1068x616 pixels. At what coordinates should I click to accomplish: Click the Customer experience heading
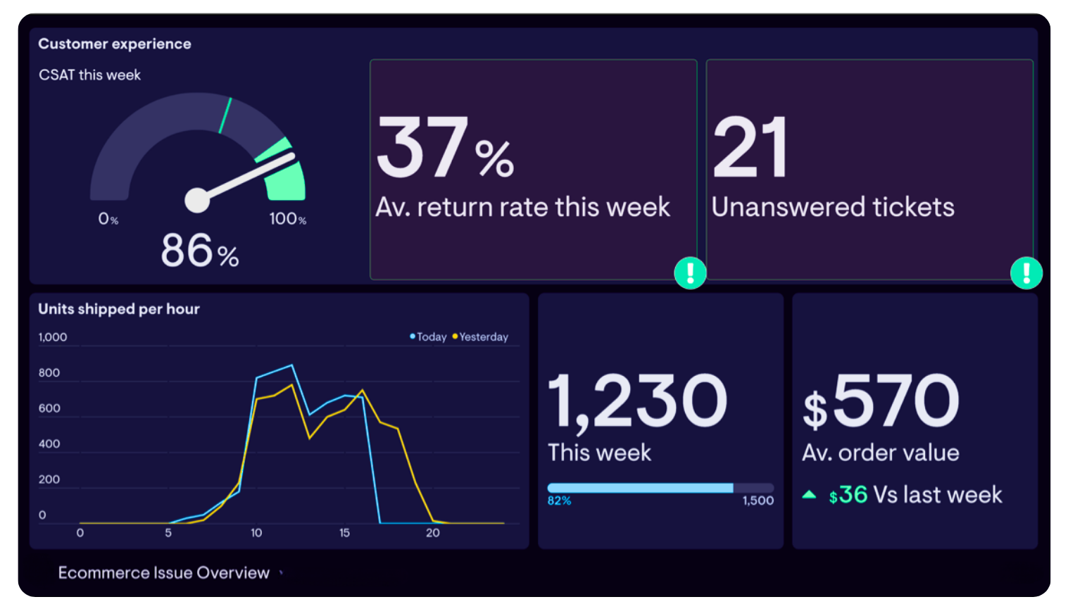click(x=114, y=44)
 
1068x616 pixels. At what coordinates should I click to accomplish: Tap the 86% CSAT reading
click(x=199, y=251)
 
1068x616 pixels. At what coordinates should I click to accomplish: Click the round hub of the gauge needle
click(x=197, y=200)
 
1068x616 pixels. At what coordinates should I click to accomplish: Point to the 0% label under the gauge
click(x=108, y=219)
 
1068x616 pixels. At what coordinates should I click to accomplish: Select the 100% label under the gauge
click(x=287, y=219)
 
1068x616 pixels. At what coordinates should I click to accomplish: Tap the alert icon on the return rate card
click(x=690, y=272)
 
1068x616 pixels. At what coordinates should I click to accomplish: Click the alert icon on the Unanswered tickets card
click(x=1026, y=272)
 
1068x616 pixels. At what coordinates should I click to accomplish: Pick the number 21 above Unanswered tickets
click(x=750, y=149)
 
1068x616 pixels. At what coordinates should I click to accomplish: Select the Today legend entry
click(x=429, y=337)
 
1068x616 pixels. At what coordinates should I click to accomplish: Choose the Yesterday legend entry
click(x=481, y=337)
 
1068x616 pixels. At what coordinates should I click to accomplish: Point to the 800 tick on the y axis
click(x=49, y=373)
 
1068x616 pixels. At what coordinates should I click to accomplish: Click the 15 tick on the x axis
click(x=344, y=533)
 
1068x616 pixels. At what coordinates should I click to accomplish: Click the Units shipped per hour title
click(x=119, y=309)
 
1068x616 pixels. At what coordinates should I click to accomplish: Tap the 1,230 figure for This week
click(x=637, y=401)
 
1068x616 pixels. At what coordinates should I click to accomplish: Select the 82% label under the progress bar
click(x=559, y=501)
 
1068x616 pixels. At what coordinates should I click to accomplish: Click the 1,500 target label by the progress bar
click(x=758, y=501)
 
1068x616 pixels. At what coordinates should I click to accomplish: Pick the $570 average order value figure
click(x=881, y=401)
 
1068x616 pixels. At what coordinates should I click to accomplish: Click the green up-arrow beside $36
click(x=809, y=495)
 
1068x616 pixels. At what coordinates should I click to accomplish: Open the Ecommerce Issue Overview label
click(x=163, y=573)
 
